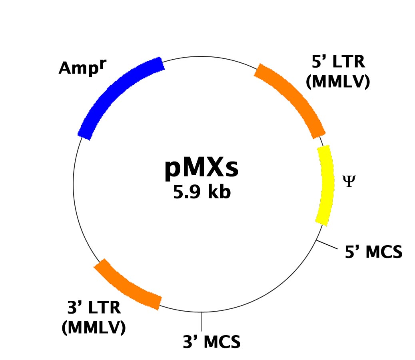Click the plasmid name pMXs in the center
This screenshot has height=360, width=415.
(x=202, y=169)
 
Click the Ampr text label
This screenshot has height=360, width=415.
(x=83, y=67)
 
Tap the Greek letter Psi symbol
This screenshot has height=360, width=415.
(x=349, y=181)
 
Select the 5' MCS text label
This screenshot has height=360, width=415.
(x=373, y=252)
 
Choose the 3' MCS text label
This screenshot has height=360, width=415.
(x=212, y=342)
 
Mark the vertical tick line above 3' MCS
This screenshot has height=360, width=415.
(x=201, y=322)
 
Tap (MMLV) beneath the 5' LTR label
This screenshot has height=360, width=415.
(x=338, y=81)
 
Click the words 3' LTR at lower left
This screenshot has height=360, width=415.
(x=94, y=308)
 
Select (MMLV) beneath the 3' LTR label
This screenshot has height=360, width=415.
(x=94, y=328)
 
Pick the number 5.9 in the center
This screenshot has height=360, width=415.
(x=187, y=192)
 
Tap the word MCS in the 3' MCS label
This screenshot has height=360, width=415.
(x=222, y=342)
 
